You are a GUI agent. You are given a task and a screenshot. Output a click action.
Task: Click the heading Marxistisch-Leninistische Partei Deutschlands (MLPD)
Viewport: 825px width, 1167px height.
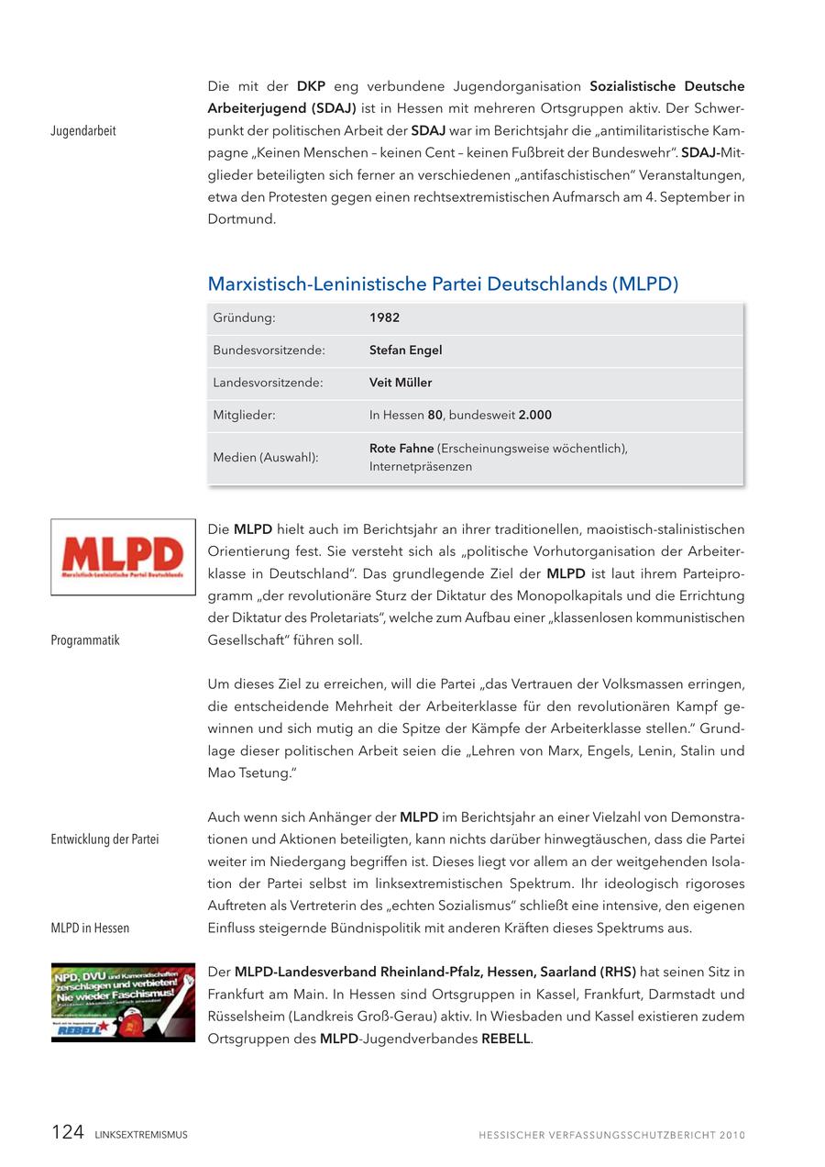coord(443,284)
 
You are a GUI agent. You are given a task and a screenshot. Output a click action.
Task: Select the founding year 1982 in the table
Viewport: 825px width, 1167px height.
coord(384,317)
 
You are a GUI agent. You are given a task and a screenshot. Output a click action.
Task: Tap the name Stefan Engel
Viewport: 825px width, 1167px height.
coord(405,350)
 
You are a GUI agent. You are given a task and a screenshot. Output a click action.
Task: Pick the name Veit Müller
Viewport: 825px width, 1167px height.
coord(401,383)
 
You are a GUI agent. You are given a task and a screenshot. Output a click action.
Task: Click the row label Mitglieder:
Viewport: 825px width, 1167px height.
coord(244,416)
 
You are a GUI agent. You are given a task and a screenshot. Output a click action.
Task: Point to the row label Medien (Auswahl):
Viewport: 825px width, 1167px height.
coord(266,458)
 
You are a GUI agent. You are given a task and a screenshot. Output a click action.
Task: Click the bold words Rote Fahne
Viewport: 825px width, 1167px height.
coord(401,449)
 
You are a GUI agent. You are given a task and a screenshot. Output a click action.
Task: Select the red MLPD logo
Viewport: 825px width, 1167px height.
coord(123,557)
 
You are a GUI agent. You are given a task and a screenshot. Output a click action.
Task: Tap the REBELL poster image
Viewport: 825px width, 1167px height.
coord(123,1002)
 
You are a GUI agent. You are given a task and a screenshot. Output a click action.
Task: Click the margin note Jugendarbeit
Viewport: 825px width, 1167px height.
coord(83,131)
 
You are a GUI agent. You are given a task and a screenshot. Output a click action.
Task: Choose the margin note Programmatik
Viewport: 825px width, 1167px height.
coord(85,640)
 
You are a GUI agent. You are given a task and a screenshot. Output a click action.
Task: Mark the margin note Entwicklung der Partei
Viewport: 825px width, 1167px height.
coord(104,839)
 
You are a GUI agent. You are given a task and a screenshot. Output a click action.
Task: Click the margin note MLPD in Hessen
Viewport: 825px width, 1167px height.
coord(90,928)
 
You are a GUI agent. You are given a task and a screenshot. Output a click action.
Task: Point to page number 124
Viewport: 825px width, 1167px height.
coord(68,1132)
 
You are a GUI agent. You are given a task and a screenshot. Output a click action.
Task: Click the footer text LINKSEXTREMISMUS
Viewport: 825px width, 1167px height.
coord(141,1135)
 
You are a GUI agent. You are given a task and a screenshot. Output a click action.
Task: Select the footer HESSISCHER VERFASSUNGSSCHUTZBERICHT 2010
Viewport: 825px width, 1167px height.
coord(611,1135)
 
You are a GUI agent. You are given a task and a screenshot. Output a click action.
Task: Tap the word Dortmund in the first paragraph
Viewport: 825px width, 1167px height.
coord(241,219)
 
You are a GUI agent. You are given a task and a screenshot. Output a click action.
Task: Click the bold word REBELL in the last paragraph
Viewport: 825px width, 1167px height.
coord(505,1039)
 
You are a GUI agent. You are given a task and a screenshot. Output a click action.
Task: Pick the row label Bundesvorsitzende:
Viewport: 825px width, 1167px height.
coord(269,350)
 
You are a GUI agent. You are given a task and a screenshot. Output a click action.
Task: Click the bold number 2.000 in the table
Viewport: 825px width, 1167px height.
coord(534,416)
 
